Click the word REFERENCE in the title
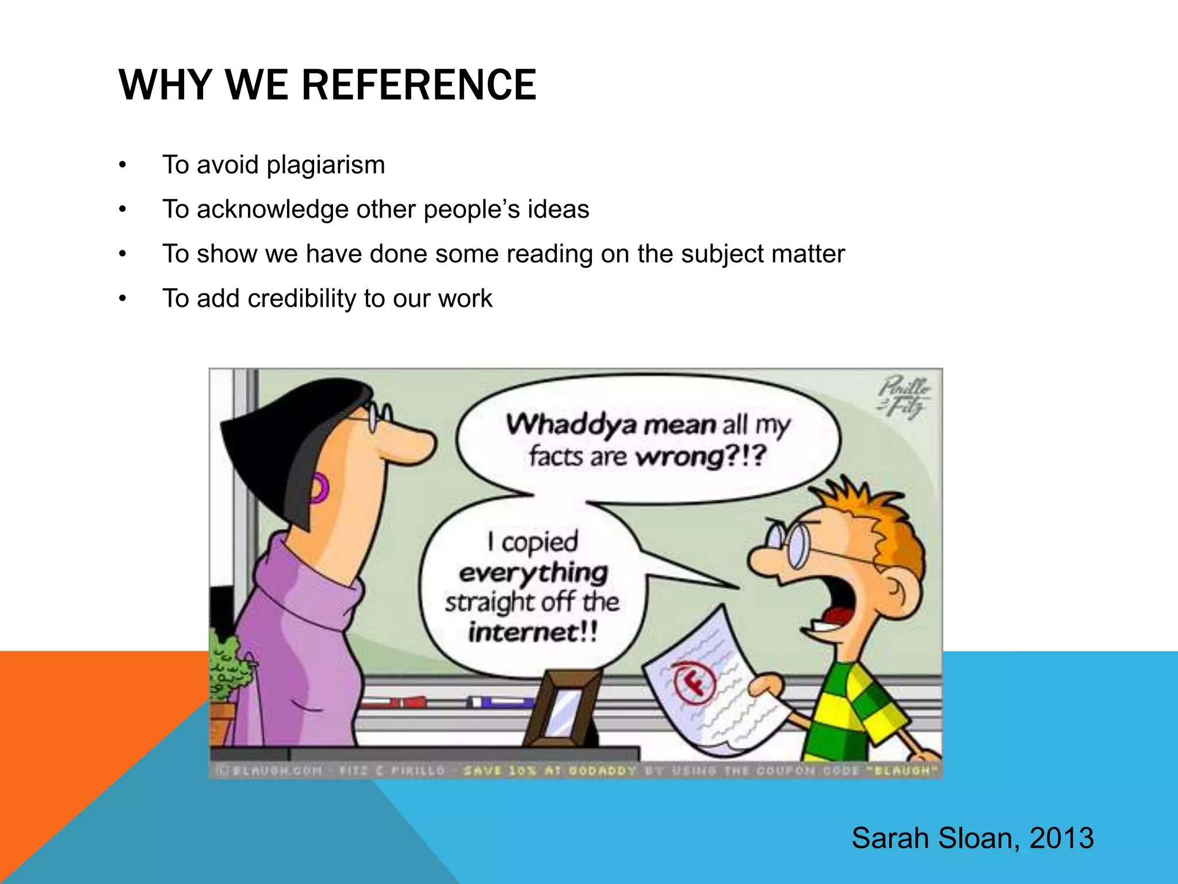click(419, 85)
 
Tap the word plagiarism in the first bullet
click(326, 165)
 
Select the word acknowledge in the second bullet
click(273, 209)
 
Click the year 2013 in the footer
click(1061, 838)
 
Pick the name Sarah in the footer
click(890, 838)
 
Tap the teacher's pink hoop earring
click(318, 489)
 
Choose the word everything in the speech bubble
click(533, 573)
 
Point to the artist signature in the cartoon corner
click(903, 397)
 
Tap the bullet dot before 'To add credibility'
click(122, 299)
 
